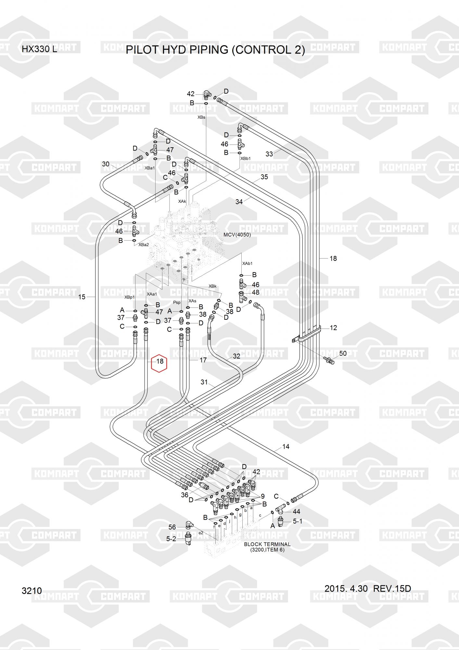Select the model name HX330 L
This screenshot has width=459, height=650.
pyautogui.click(x=39, y=49)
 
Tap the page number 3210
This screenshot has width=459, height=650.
pyautogui.click(x=32, y=591)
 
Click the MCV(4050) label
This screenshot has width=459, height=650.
pyautogui.click(x=237, y=235)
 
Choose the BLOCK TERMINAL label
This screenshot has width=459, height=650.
pyautogui.click(x=267, y=544)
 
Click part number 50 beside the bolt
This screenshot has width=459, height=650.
pyautogui.click(x=343, y=353)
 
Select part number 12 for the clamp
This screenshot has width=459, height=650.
pyautogui.click(x=333, y=328)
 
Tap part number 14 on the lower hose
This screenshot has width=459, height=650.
pyautogui.click(x=286, y=447)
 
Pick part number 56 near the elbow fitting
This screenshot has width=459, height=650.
pyautogui.click(x=172, y=527)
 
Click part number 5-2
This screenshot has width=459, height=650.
pyautogui.click(x=171, y=539)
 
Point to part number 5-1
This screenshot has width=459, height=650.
pyautogui.click(x=298, y=521)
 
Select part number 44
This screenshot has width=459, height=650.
pyautogui.click(x=296, y=512)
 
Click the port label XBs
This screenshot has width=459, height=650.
pyautogui.click(x=201, y=117)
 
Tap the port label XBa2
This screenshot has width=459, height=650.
pyautogui.click(x=143, y=244)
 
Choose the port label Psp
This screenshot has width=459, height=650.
pyautogui.click(x=177, y=302)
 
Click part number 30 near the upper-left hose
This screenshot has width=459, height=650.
pyautogui.click(x=106, y=164)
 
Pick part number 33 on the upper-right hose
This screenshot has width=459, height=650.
pyautogui.click(x=269, y=154)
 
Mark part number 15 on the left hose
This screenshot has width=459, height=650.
pyautogui.click(x=82, y=297)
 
